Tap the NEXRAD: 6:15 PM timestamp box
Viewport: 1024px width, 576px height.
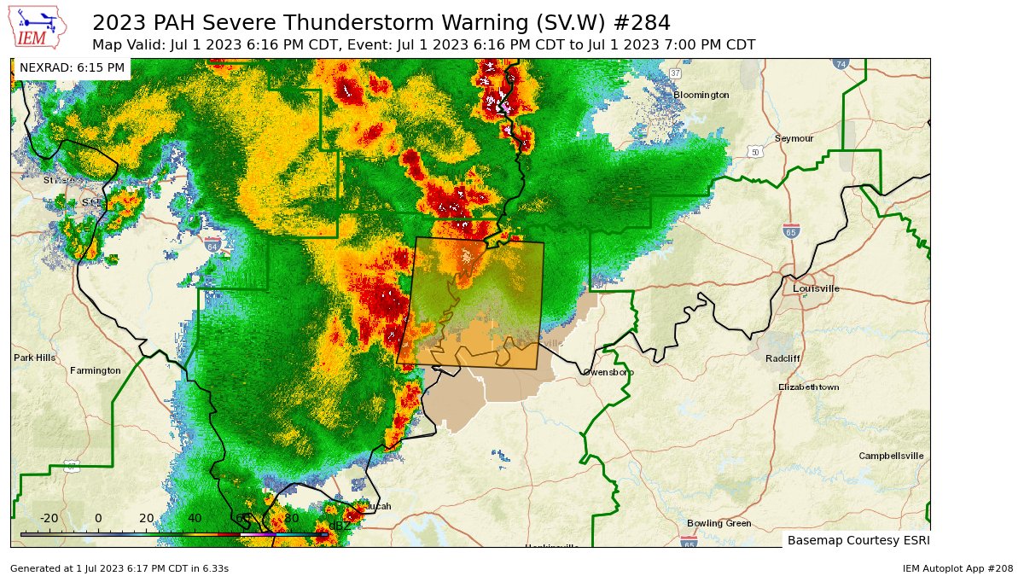(72, 67)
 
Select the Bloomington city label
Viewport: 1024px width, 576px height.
(701, 95)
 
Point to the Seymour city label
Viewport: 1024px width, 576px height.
(794, 138)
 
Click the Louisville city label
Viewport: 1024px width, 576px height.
(816, 288)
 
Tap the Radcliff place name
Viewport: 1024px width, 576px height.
(783, 358)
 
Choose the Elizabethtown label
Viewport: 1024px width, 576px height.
(808, 387)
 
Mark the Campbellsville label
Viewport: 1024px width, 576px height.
(891, 456)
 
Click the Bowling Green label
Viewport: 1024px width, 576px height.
(719, 523)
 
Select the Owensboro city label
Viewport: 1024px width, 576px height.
(608, 372)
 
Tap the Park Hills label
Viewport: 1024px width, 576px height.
(35, 357)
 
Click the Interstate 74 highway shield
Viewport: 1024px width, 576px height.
(841, 64)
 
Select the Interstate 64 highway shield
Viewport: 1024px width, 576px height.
(212, 245)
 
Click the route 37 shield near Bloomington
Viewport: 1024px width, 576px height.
(675, 73)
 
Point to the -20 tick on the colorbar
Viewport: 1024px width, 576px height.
(49, 518)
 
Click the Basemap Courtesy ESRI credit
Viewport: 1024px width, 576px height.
(856, 540)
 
